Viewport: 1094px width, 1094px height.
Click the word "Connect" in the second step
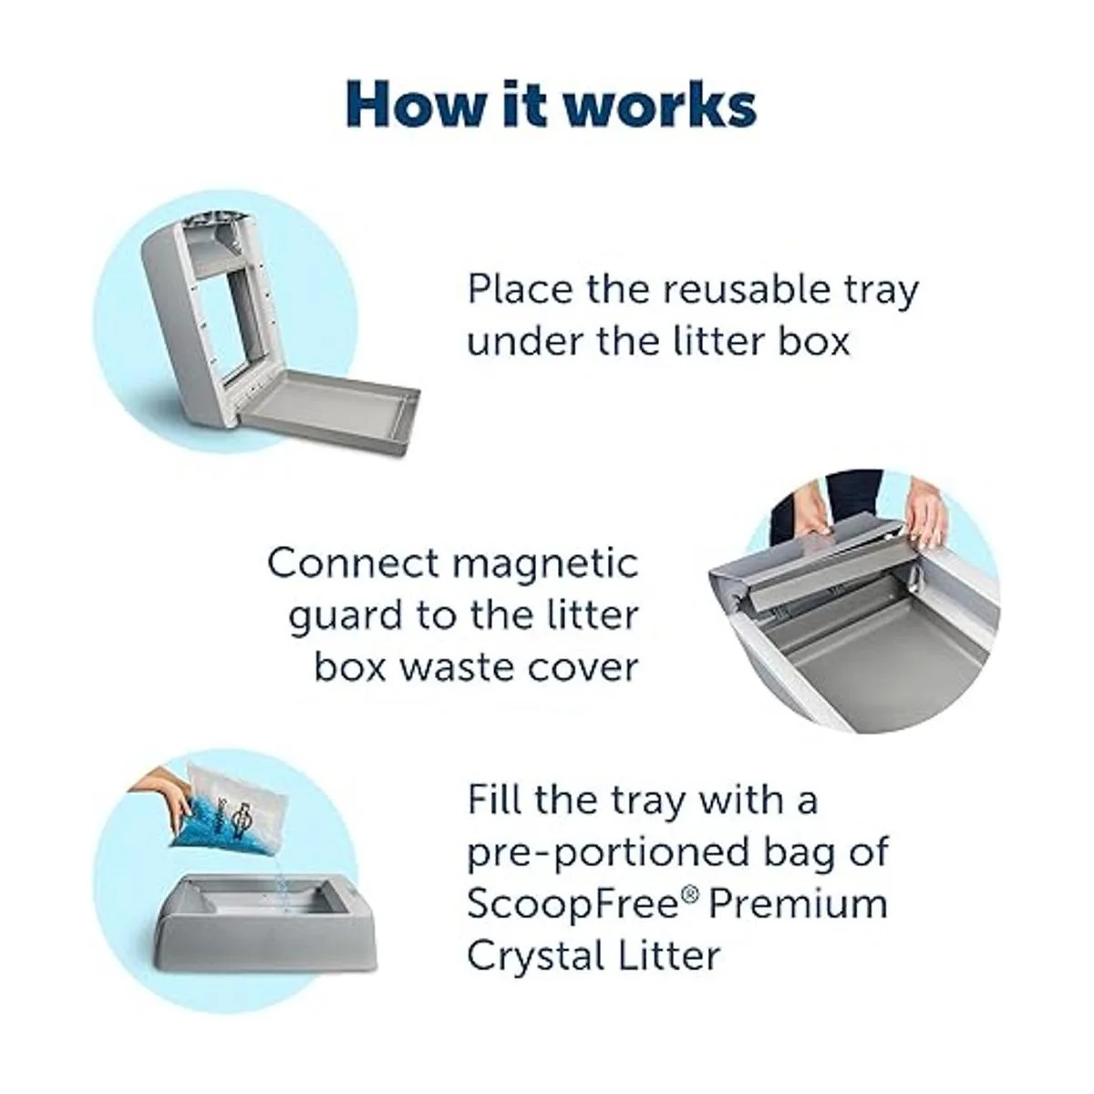coord(353,562)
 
